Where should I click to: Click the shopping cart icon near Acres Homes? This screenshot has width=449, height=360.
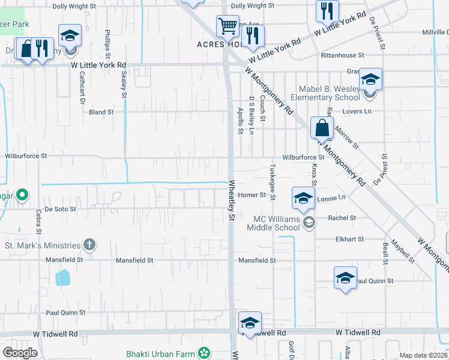[228, 26]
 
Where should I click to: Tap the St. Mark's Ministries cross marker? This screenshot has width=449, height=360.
[89, 245]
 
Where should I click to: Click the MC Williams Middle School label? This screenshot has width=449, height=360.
[277, 223]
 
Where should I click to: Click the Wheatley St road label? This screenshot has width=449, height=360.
[230, 202]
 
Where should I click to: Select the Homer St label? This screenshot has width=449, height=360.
[252, 195]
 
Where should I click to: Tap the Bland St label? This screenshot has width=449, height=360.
[101, 112]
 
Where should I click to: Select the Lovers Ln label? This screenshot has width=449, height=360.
[357, 112]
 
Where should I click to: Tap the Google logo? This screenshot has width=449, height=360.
[20, 353]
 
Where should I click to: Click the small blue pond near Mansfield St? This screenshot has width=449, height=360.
[62, 277]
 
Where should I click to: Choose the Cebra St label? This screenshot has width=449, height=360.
[38, 220]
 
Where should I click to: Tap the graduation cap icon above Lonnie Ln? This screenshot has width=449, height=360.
[304, 198]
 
